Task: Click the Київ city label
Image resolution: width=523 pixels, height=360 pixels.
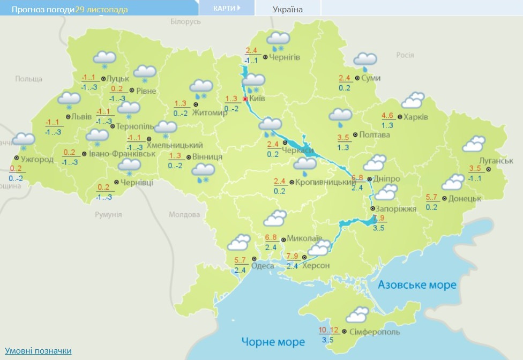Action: tap(258, 99)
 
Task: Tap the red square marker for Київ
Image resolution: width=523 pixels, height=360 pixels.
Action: tap(245, 99)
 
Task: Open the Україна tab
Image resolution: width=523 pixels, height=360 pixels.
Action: tap(288, 9)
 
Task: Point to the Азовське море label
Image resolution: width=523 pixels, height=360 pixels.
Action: tap(417, 284)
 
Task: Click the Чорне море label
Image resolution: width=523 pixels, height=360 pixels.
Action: tap(273, 341)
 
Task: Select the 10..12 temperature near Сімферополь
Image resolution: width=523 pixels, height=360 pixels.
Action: tap(328, 329)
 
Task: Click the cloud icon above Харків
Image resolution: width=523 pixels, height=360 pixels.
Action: tap(413, 100)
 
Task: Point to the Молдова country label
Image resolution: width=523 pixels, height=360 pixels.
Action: tap(184, 214)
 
